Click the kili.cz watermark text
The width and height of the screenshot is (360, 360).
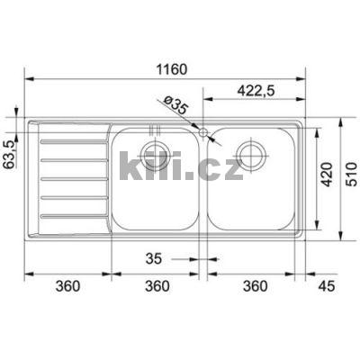tap(180, 166)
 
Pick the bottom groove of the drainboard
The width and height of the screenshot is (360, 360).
tap(73, 217)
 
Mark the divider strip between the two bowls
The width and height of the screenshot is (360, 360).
tap(203, 180)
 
